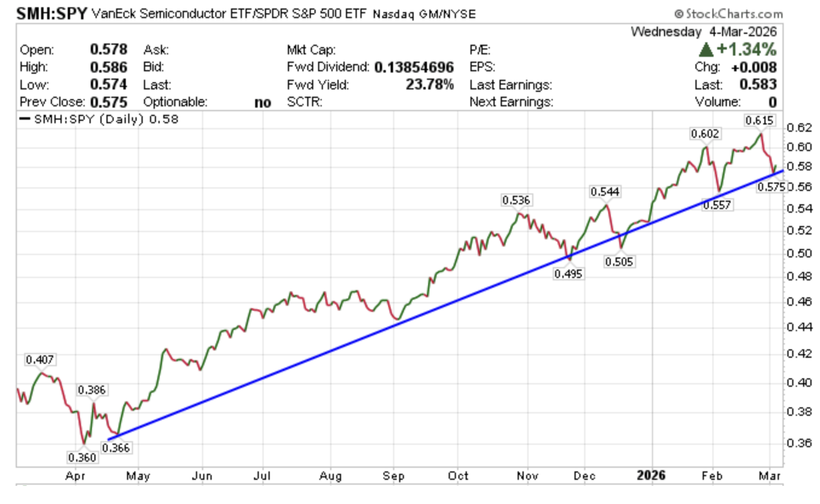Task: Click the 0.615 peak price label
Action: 760,120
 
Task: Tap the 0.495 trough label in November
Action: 568,274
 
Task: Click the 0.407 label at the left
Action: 40,360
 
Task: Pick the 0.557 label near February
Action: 717,205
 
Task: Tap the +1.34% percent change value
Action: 745,50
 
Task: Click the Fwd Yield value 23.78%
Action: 430,85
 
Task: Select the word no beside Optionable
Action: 263,102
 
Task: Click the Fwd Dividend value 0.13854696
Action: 414,67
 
